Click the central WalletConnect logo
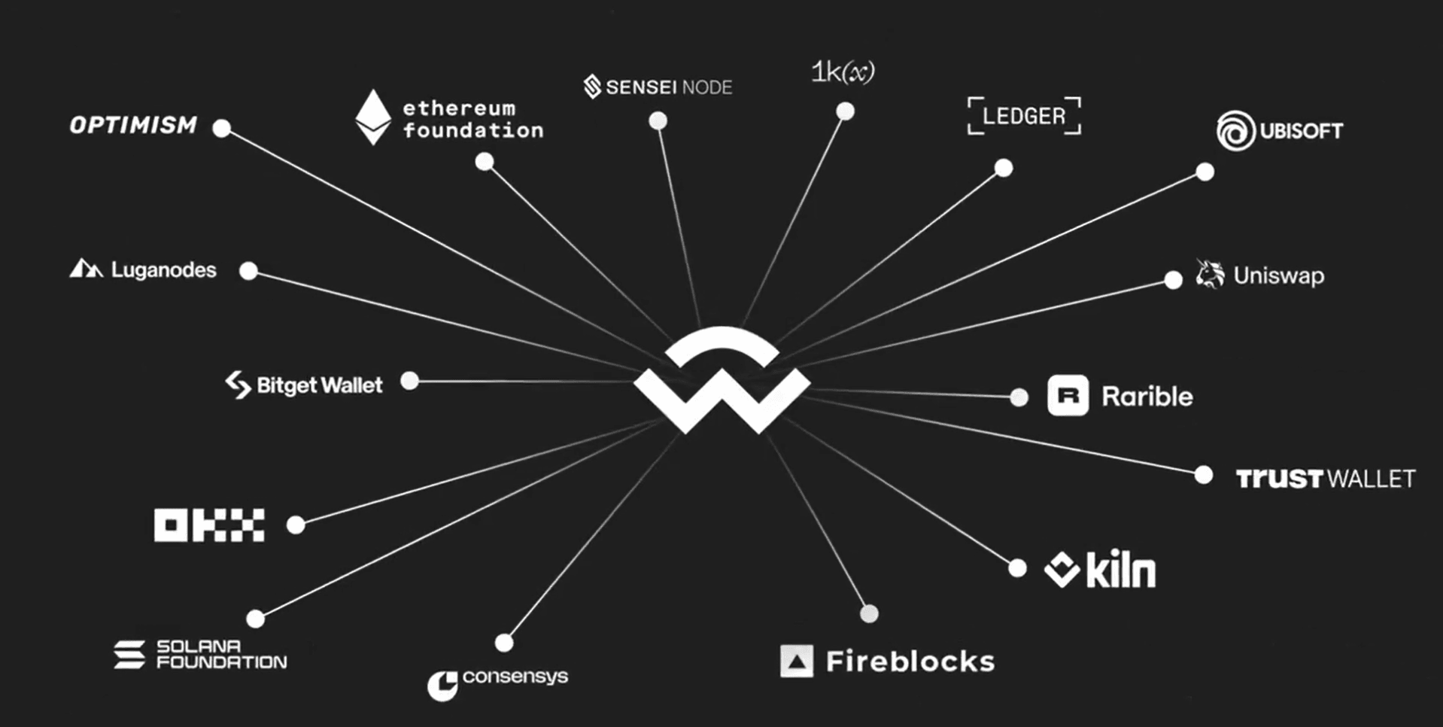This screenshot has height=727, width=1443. (x=721, y=381)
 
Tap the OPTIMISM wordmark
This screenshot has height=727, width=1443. (x=134, y=125)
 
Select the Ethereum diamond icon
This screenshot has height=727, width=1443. (x=373, y=117)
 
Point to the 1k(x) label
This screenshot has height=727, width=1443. (x=843, y=72)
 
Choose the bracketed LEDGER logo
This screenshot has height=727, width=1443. (x=1024, y=116)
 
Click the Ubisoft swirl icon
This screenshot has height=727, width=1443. (x=1235, y=131)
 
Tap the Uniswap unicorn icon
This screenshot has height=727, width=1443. (x=1210, y=275)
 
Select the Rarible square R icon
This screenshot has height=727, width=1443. (x=1068, y=396)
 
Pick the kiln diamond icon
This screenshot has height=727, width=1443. (x=1062, y=570)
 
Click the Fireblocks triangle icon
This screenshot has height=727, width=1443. (x=797, y=662)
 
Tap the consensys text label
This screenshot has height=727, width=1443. (x=515, y=676)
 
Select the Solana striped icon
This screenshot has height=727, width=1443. (x=129, y=655)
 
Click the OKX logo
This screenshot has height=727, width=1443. (x=209, y=525)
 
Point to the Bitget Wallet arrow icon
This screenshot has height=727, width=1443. (x=238, y=385)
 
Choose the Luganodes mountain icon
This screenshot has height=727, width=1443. (x=86, y=269)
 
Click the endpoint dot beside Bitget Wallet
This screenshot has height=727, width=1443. (x=409, y=381)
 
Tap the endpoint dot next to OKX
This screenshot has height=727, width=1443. (x=296, y=525)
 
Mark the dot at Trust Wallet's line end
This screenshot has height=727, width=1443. (x=1203, y=475)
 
